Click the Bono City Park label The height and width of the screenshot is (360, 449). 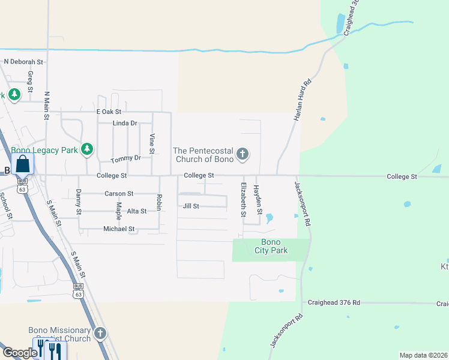271,246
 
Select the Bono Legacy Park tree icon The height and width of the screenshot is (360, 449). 88,149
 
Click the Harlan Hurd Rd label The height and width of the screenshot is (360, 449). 304,101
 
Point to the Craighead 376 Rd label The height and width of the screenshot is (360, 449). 334,304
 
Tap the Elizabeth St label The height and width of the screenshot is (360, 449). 244,200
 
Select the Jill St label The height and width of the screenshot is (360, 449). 191,206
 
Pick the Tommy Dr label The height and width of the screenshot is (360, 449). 125,158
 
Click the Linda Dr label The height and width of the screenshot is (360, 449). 125,123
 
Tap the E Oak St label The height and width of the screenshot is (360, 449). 109,112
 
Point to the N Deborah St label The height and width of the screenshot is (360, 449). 24,61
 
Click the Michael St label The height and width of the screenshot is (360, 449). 119,229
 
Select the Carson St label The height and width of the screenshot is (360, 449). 119,194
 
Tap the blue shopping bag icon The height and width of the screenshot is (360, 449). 22,164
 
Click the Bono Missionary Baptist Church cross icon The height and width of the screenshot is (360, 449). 100,333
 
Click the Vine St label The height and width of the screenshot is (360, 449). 152,144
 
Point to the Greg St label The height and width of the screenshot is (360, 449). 30,78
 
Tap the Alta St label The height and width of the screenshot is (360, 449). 137,211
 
